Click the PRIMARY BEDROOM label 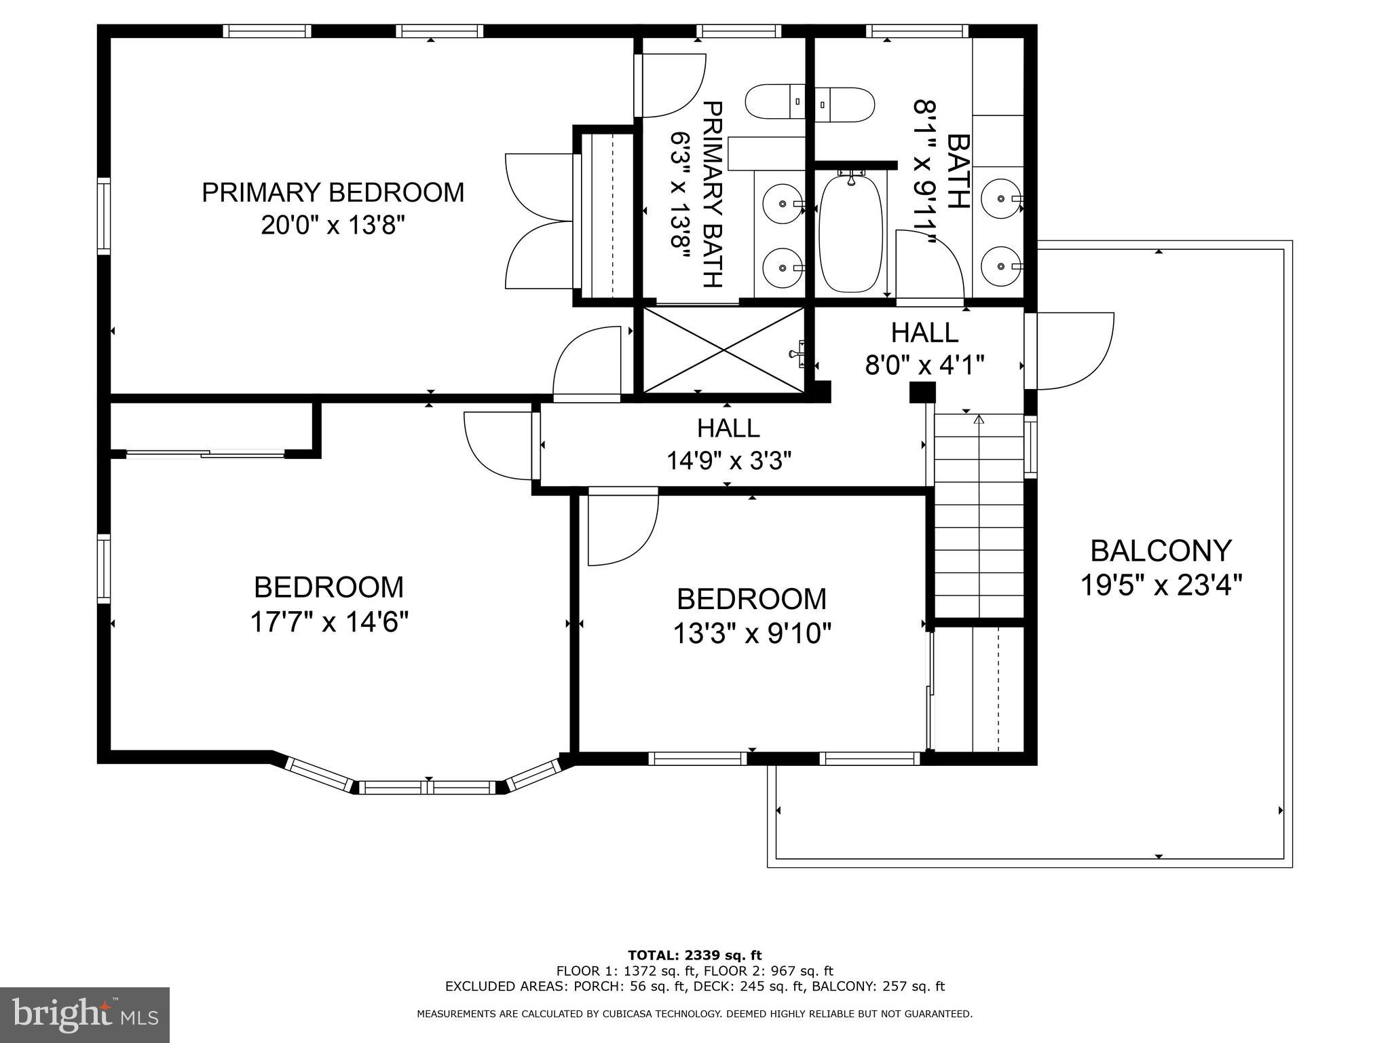point(333,192)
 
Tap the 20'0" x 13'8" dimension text point(333,225)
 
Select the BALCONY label point(1161,551)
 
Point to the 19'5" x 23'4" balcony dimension point(1161,584)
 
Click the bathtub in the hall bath point(851,233)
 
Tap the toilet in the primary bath point(775,103)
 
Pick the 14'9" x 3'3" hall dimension point(729,461)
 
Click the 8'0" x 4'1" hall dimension point(924,365)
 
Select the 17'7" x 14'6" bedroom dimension point(329,621)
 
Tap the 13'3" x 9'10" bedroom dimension point(752,634)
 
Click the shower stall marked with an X point(724,350)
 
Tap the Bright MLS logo point(85,1015)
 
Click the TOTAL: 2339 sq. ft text point(695,955)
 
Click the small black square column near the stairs point(923,392)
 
